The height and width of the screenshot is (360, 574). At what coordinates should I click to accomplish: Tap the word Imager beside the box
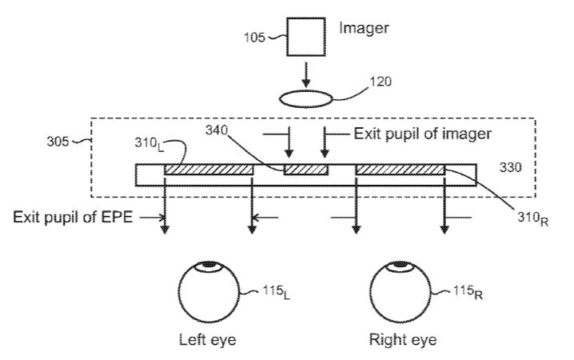pos(364,29)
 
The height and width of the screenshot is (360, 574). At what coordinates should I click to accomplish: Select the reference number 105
pos(254,38)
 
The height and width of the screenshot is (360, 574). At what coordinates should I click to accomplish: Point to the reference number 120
pos(381,82)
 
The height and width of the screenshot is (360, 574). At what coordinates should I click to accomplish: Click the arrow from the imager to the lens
pos(305,75)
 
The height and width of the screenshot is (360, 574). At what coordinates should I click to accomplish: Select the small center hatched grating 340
pos(305,169)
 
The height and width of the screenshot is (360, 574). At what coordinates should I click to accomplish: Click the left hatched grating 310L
pos(209,169)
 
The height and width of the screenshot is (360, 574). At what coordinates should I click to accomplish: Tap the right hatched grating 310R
pos(400,169)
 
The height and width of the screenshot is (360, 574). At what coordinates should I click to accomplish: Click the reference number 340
pos(217,130)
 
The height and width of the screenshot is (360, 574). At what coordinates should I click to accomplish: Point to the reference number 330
pos(510,167)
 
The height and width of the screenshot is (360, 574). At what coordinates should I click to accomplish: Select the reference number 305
pos(58,142)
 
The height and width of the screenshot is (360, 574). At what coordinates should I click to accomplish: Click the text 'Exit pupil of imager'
pos(422,134)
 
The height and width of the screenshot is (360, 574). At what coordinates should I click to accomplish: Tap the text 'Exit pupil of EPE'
pos(73,217)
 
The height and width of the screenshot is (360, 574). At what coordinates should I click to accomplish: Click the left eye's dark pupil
pos(209,265)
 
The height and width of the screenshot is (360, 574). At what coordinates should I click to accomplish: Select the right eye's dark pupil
pos(400,265)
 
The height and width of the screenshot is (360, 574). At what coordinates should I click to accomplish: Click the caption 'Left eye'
pos(208,340)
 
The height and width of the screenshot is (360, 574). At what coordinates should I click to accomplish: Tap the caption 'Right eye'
pos(403,340)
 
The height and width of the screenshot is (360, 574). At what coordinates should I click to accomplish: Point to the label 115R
pos(468,292)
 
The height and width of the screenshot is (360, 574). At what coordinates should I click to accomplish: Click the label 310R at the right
pos(533,218)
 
